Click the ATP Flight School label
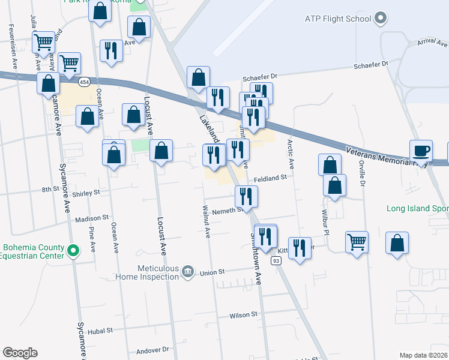point(337,19)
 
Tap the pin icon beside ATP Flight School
point(379,19)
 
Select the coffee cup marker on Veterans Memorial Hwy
point(421,151)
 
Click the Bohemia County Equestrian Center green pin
point(73,251)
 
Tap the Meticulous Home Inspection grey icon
point(188,272)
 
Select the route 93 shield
point(276,260)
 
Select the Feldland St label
point(271,178)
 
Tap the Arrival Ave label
point(433,43)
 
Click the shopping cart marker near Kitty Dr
point(357,242)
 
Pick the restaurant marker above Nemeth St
point(246,196)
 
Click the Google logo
point(20,353)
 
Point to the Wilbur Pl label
point(327,223)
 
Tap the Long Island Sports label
point(418,209)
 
